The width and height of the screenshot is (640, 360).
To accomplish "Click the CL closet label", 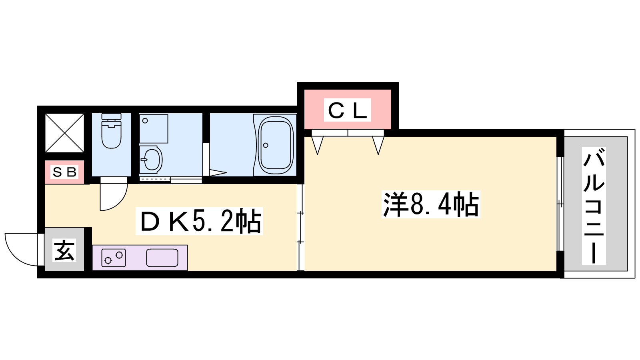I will [347, 110].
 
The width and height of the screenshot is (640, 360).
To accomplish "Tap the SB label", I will [64, 172].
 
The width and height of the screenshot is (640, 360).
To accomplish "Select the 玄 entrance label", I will [64, 251].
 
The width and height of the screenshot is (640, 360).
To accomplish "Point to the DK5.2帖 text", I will [199, 221].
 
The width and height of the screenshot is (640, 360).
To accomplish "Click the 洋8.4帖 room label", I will [430, 204].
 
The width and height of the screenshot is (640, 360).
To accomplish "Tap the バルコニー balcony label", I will [594, 206].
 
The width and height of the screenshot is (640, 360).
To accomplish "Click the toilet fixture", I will [111, 132].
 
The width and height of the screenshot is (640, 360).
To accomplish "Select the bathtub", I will [275, 145].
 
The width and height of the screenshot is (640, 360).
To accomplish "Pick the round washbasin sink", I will [151, 159].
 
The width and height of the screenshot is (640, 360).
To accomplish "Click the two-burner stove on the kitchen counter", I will [114, 258].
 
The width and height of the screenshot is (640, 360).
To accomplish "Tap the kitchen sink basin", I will [162, 258].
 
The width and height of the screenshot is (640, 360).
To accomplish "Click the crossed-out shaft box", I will [64, 133].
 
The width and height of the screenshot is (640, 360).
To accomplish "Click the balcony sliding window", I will [560, 204].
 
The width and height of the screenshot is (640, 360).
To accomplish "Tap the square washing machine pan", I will [154, 129].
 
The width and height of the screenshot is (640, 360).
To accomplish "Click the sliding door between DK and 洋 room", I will [300, 227].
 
